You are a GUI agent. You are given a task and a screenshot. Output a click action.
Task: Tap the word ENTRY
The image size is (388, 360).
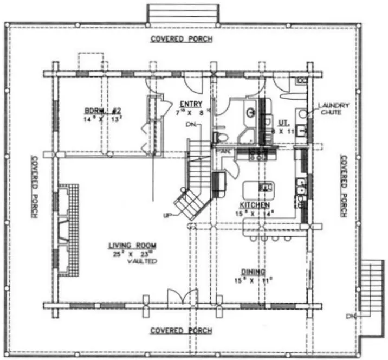click(x=191, y=104)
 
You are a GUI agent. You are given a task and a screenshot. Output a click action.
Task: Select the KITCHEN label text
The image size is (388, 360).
click(x=255, y=205)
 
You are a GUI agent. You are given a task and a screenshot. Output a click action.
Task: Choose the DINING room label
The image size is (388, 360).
click(x=253, y=272)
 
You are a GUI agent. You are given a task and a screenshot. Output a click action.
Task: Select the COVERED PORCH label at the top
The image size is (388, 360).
click(x=181, y=39)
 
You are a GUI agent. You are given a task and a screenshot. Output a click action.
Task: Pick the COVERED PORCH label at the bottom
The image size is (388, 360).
click(x=181, y=330)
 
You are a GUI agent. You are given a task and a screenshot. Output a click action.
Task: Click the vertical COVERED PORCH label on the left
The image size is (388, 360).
click(x=34, y=187)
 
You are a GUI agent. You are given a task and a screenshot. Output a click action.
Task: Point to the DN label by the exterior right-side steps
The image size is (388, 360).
click(x=352, y=316)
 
